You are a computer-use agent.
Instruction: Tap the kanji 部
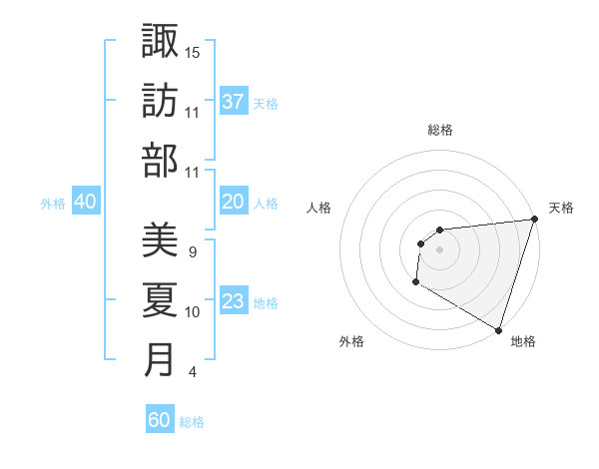click(160, 160)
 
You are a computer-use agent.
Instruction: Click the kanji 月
click(160, 360)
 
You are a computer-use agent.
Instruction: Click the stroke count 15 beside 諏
click(193, 52)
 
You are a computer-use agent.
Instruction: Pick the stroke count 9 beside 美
click(192, 252)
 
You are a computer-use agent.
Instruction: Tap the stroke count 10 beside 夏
click(193, 312)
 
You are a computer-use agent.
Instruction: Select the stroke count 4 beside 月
click(192, 372)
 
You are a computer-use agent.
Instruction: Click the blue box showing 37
click(233, 101)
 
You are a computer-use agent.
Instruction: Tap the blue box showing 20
click(233, 202)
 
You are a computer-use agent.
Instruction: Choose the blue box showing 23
click(233, 301)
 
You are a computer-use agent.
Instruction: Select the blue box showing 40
click(85, 202)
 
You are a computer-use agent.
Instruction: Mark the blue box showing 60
click(160, 420)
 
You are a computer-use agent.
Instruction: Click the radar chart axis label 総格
click(439, 130)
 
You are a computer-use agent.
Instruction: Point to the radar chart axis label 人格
click(318, 208)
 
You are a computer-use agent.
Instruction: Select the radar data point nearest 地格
click(498, 329)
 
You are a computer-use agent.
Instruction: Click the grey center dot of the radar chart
click(439, 249)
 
